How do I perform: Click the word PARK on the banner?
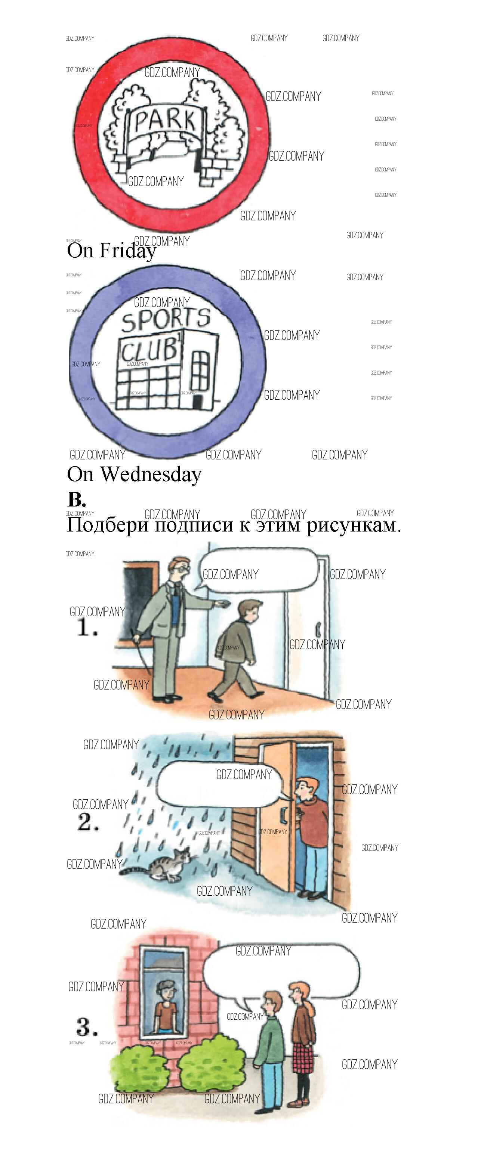tap(166, 120)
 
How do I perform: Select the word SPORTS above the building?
tap(166, 319)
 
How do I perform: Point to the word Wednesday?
tap(151, 474)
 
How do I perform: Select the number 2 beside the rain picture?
tap(87, 821)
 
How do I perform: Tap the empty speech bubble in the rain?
tap(219, 783)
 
